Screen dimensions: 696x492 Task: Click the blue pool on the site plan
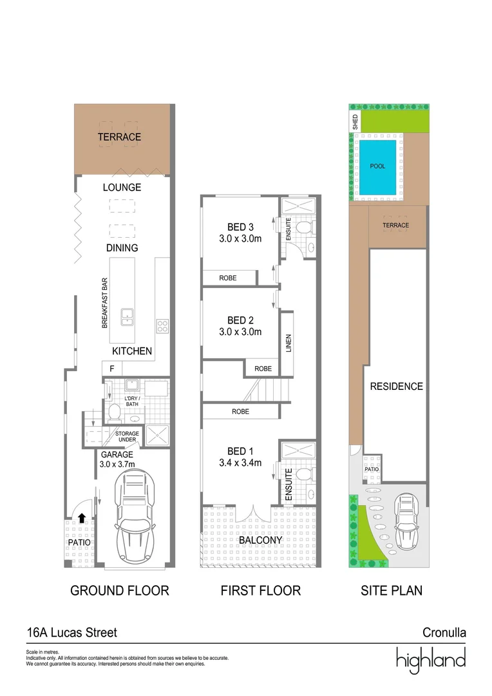click(377, 166)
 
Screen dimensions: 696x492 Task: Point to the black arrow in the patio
click(82, 517)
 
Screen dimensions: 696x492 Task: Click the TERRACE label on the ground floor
click(119, 137)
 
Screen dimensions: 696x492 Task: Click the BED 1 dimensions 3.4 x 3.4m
click(239, 462)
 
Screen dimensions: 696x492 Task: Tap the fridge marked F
click(112, 369)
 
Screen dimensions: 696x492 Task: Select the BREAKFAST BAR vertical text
click(104, 304)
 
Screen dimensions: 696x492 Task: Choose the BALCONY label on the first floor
click(260, 540)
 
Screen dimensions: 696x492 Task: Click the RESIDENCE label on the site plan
click(396, 387)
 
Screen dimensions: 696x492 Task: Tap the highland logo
click(430, 659)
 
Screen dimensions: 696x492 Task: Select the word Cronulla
click(444, 633)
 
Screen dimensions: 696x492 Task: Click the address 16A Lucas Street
click(71, 633)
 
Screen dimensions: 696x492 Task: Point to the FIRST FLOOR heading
click(260, 590)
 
